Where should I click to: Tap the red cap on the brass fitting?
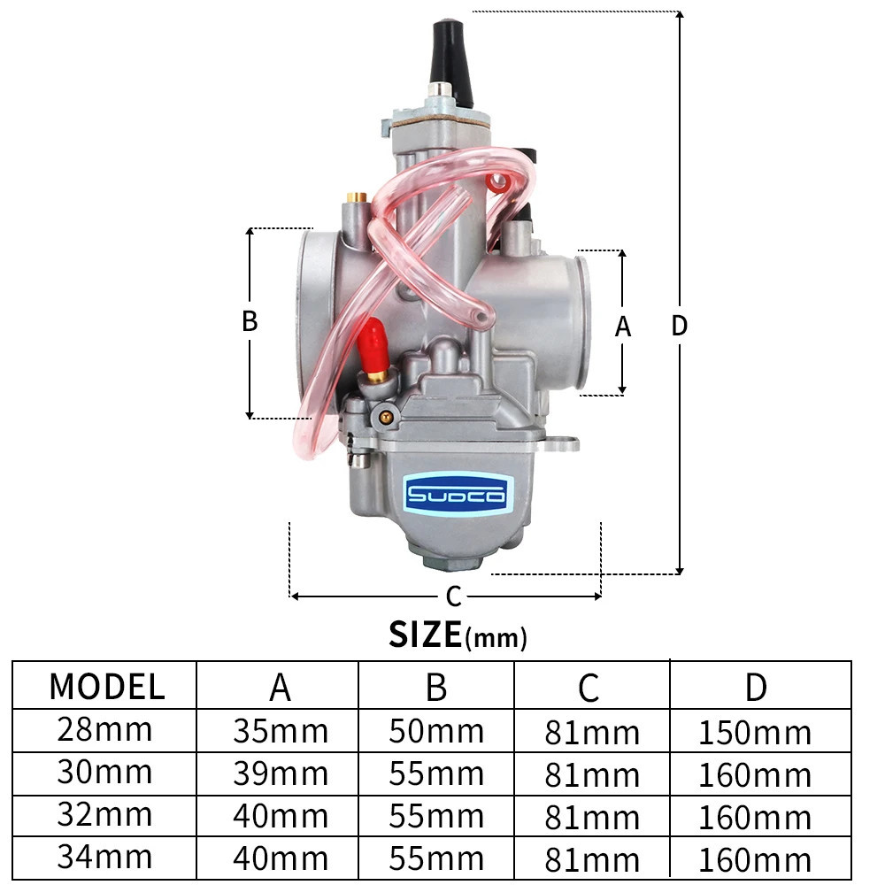[371, 342]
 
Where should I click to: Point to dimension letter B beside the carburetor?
[250, 321]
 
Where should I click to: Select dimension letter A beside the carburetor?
[622, 327]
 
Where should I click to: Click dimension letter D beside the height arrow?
[680, 326]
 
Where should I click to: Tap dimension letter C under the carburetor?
[454, 596]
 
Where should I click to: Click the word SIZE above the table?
[425, 635]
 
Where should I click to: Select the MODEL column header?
[107, 687]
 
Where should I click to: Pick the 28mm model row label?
[105, 730]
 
